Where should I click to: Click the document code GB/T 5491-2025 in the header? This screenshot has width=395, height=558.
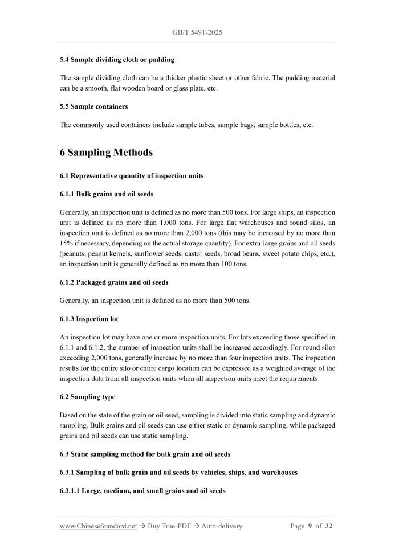[x=197, y=32]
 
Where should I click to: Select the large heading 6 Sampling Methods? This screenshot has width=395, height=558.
[x=106, y=152]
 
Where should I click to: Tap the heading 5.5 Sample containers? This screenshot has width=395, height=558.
[x=93, y=106]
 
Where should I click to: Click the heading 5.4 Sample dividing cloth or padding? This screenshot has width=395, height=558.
[x=117, y=59]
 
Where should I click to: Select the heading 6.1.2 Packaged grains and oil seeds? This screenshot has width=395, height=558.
[x=114, y=282]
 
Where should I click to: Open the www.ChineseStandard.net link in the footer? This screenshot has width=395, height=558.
[x=98, y=526]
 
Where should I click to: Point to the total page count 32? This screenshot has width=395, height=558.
[x=328, y=526]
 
